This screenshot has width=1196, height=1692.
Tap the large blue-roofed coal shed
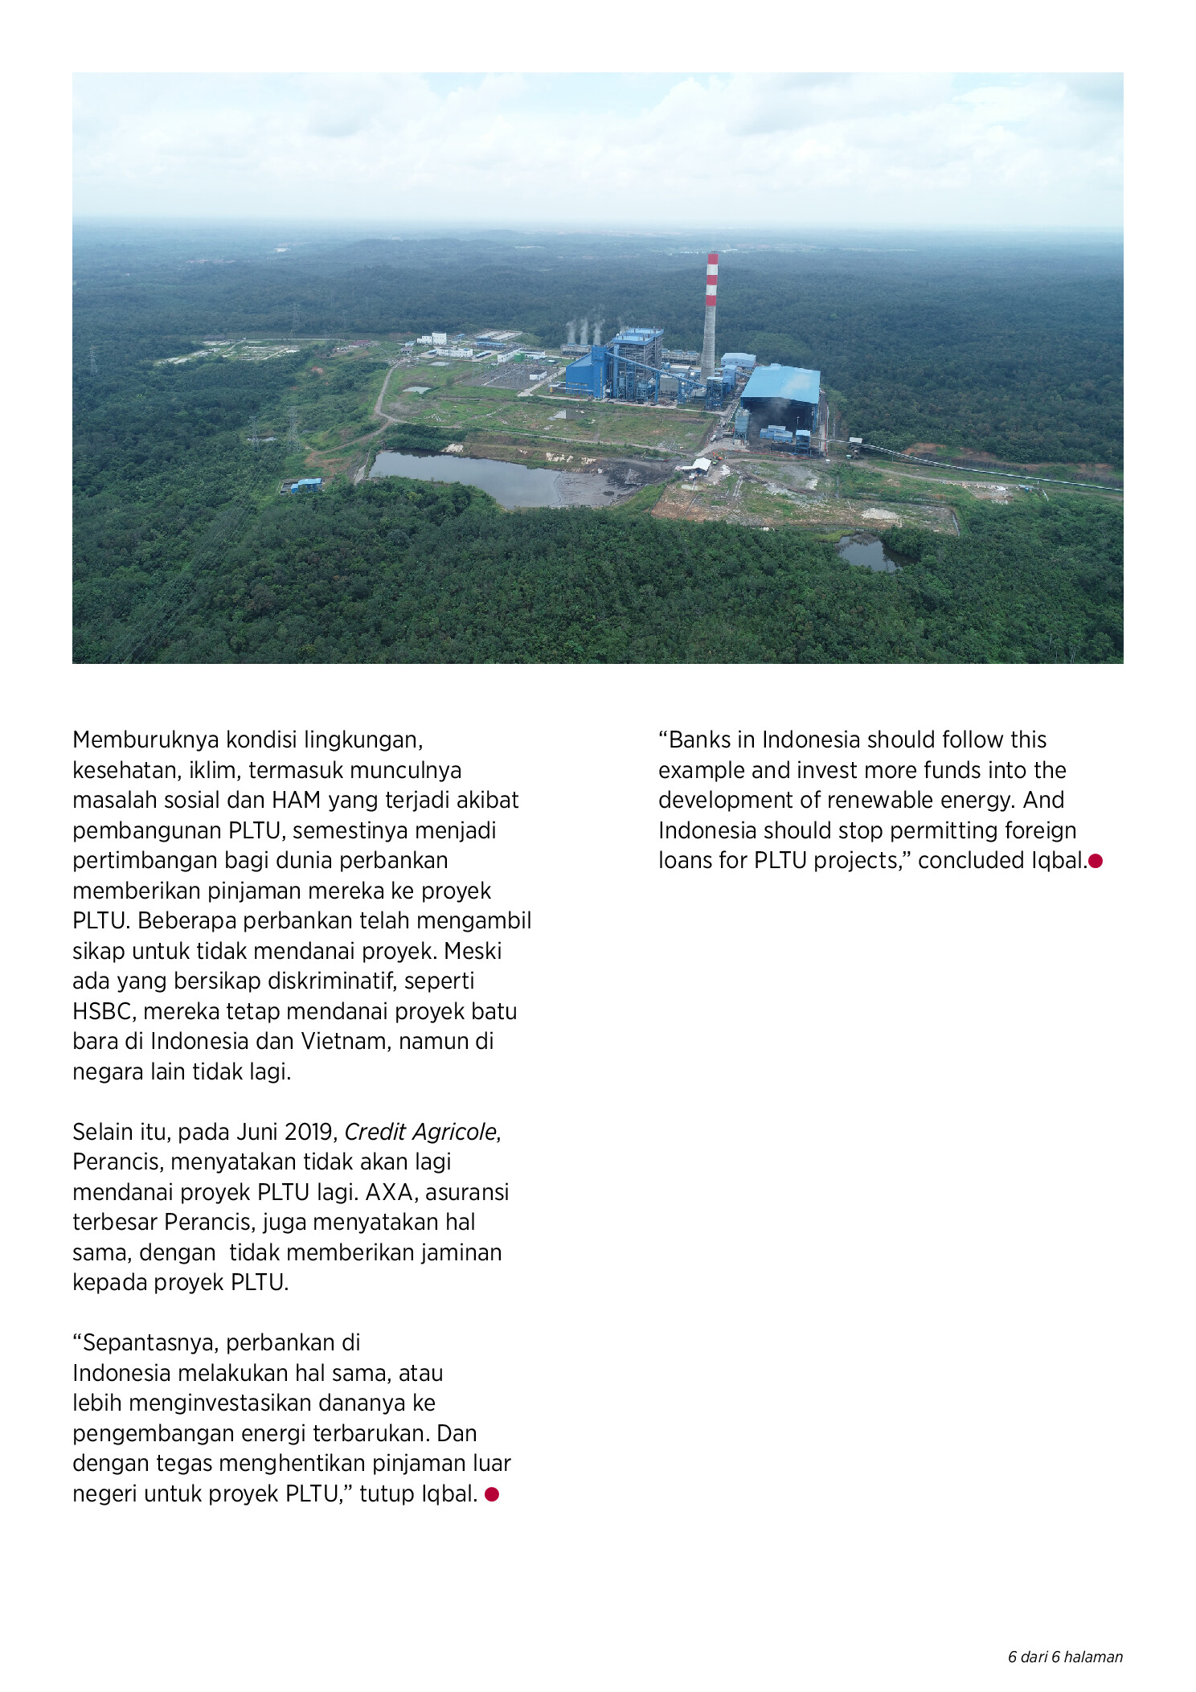[x=780, y=386]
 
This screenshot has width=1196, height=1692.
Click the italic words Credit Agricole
[x=420, y=1132]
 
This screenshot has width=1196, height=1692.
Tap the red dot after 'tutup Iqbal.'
[x=492, y=1494]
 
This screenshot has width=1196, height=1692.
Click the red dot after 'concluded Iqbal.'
[x=1096, y=861]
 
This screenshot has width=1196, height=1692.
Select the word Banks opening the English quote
[x=698, y=739]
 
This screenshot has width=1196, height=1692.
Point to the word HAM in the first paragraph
[x=295, y=800]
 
